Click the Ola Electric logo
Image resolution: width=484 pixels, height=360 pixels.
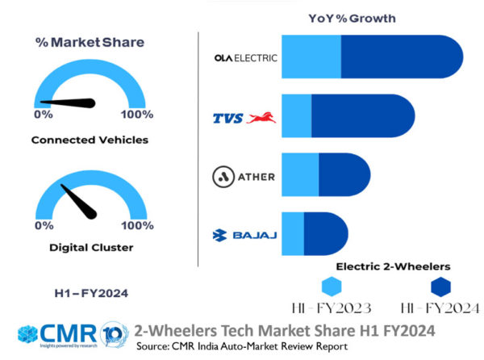(x=245, y=58)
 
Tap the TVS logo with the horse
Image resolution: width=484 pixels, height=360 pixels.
(x=244, y=118)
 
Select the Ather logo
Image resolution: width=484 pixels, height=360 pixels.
(x=244, y=177)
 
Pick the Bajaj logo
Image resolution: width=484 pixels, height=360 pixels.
(x=244, y=235)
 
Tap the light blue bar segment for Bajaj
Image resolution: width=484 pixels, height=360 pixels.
(x=292, y=235)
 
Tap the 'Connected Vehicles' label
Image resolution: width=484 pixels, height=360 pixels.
(x=90, y=140)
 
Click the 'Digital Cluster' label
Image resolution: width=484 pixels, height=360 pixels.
(x=90, y=247)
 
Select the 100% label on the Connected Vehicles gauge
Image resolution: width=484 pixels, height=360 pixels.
(x=137, y=114)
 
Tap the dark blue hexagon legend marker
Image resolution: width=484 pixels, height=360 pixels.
(x=440, y=287)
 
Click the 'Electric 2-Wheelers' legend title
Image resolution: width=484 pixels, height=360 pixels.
(x=392, y=266)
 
